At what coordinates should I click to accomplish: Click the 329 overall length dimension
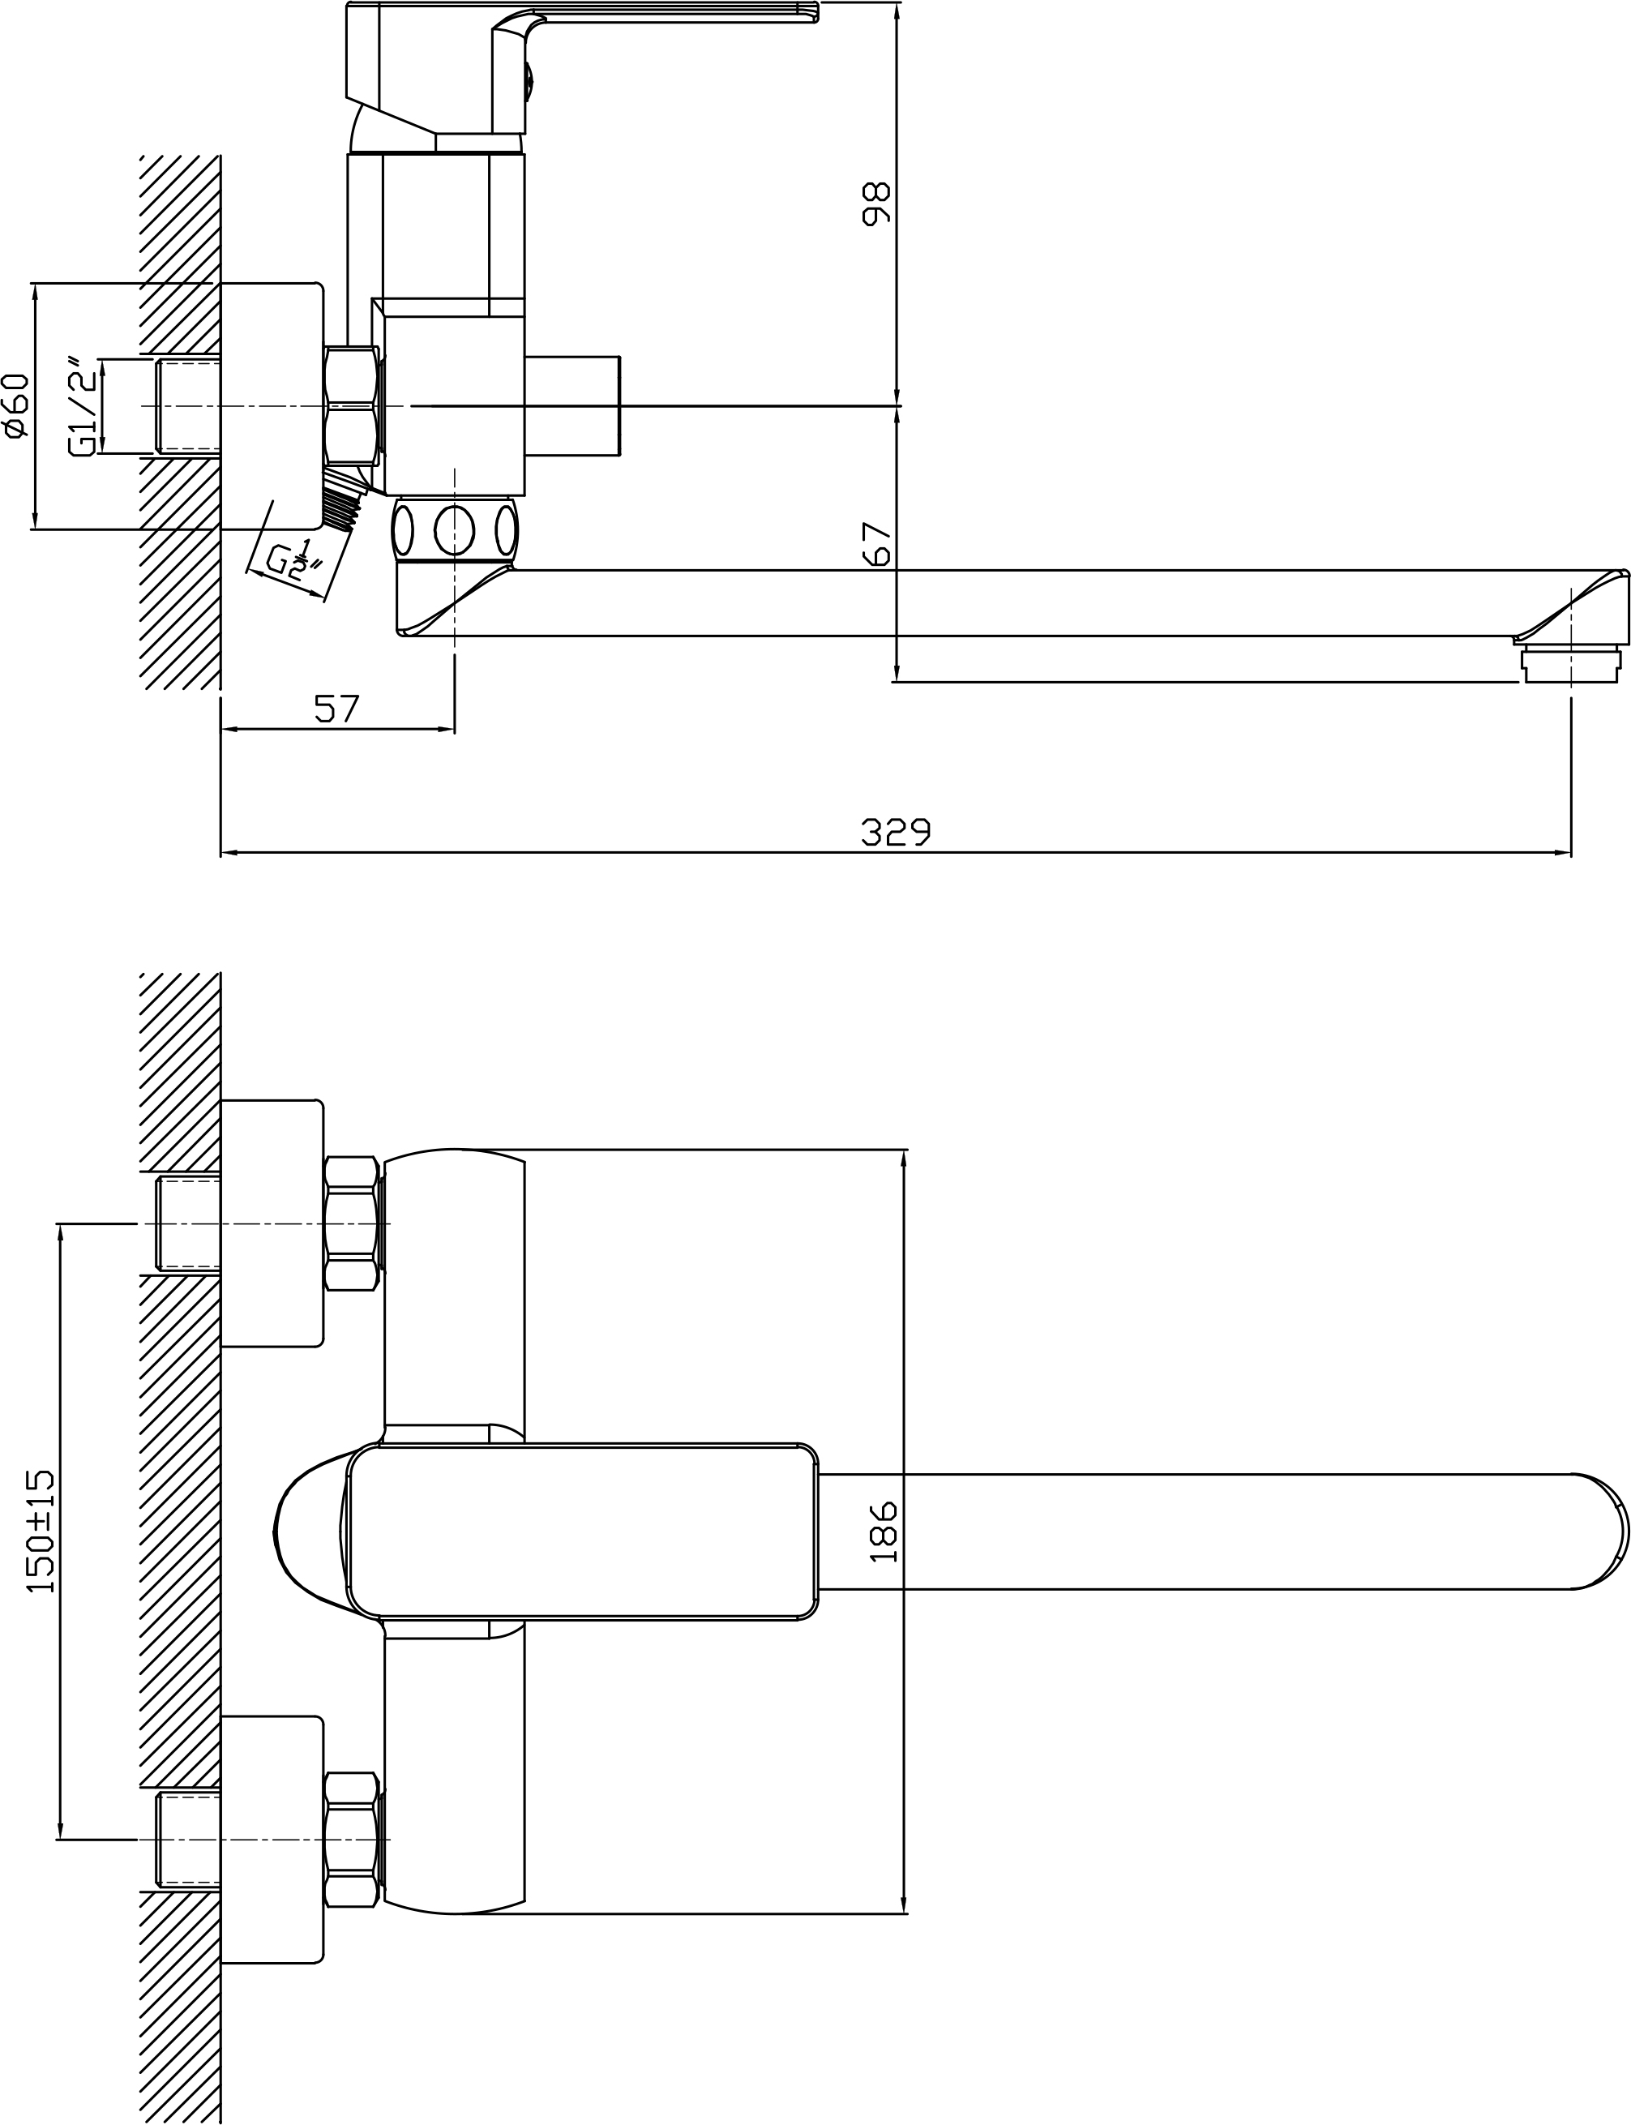(895, 831)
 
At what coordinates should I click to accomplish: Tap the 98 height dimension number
(875, 204)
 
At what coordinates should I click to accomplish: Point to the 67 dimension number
(875, 544)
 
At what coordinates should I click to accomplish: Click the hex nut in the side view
(350, 405)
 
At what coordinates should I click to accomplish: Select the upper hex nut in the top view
(350, 1223)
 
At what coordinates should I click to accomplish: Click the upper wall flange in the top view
(272, 1223)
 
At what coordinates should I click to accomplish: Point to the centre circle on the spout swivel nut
(454, 530)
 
